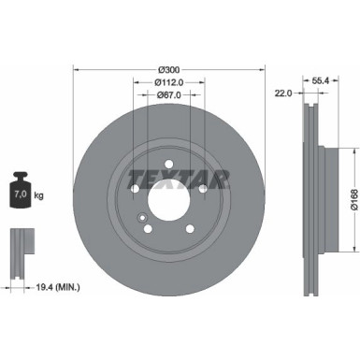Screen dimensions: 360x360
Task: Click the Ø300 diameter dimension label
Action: tap(169, 70)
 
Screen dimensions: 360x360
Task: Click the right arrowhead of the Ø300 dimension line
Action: tap(261, 68)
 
